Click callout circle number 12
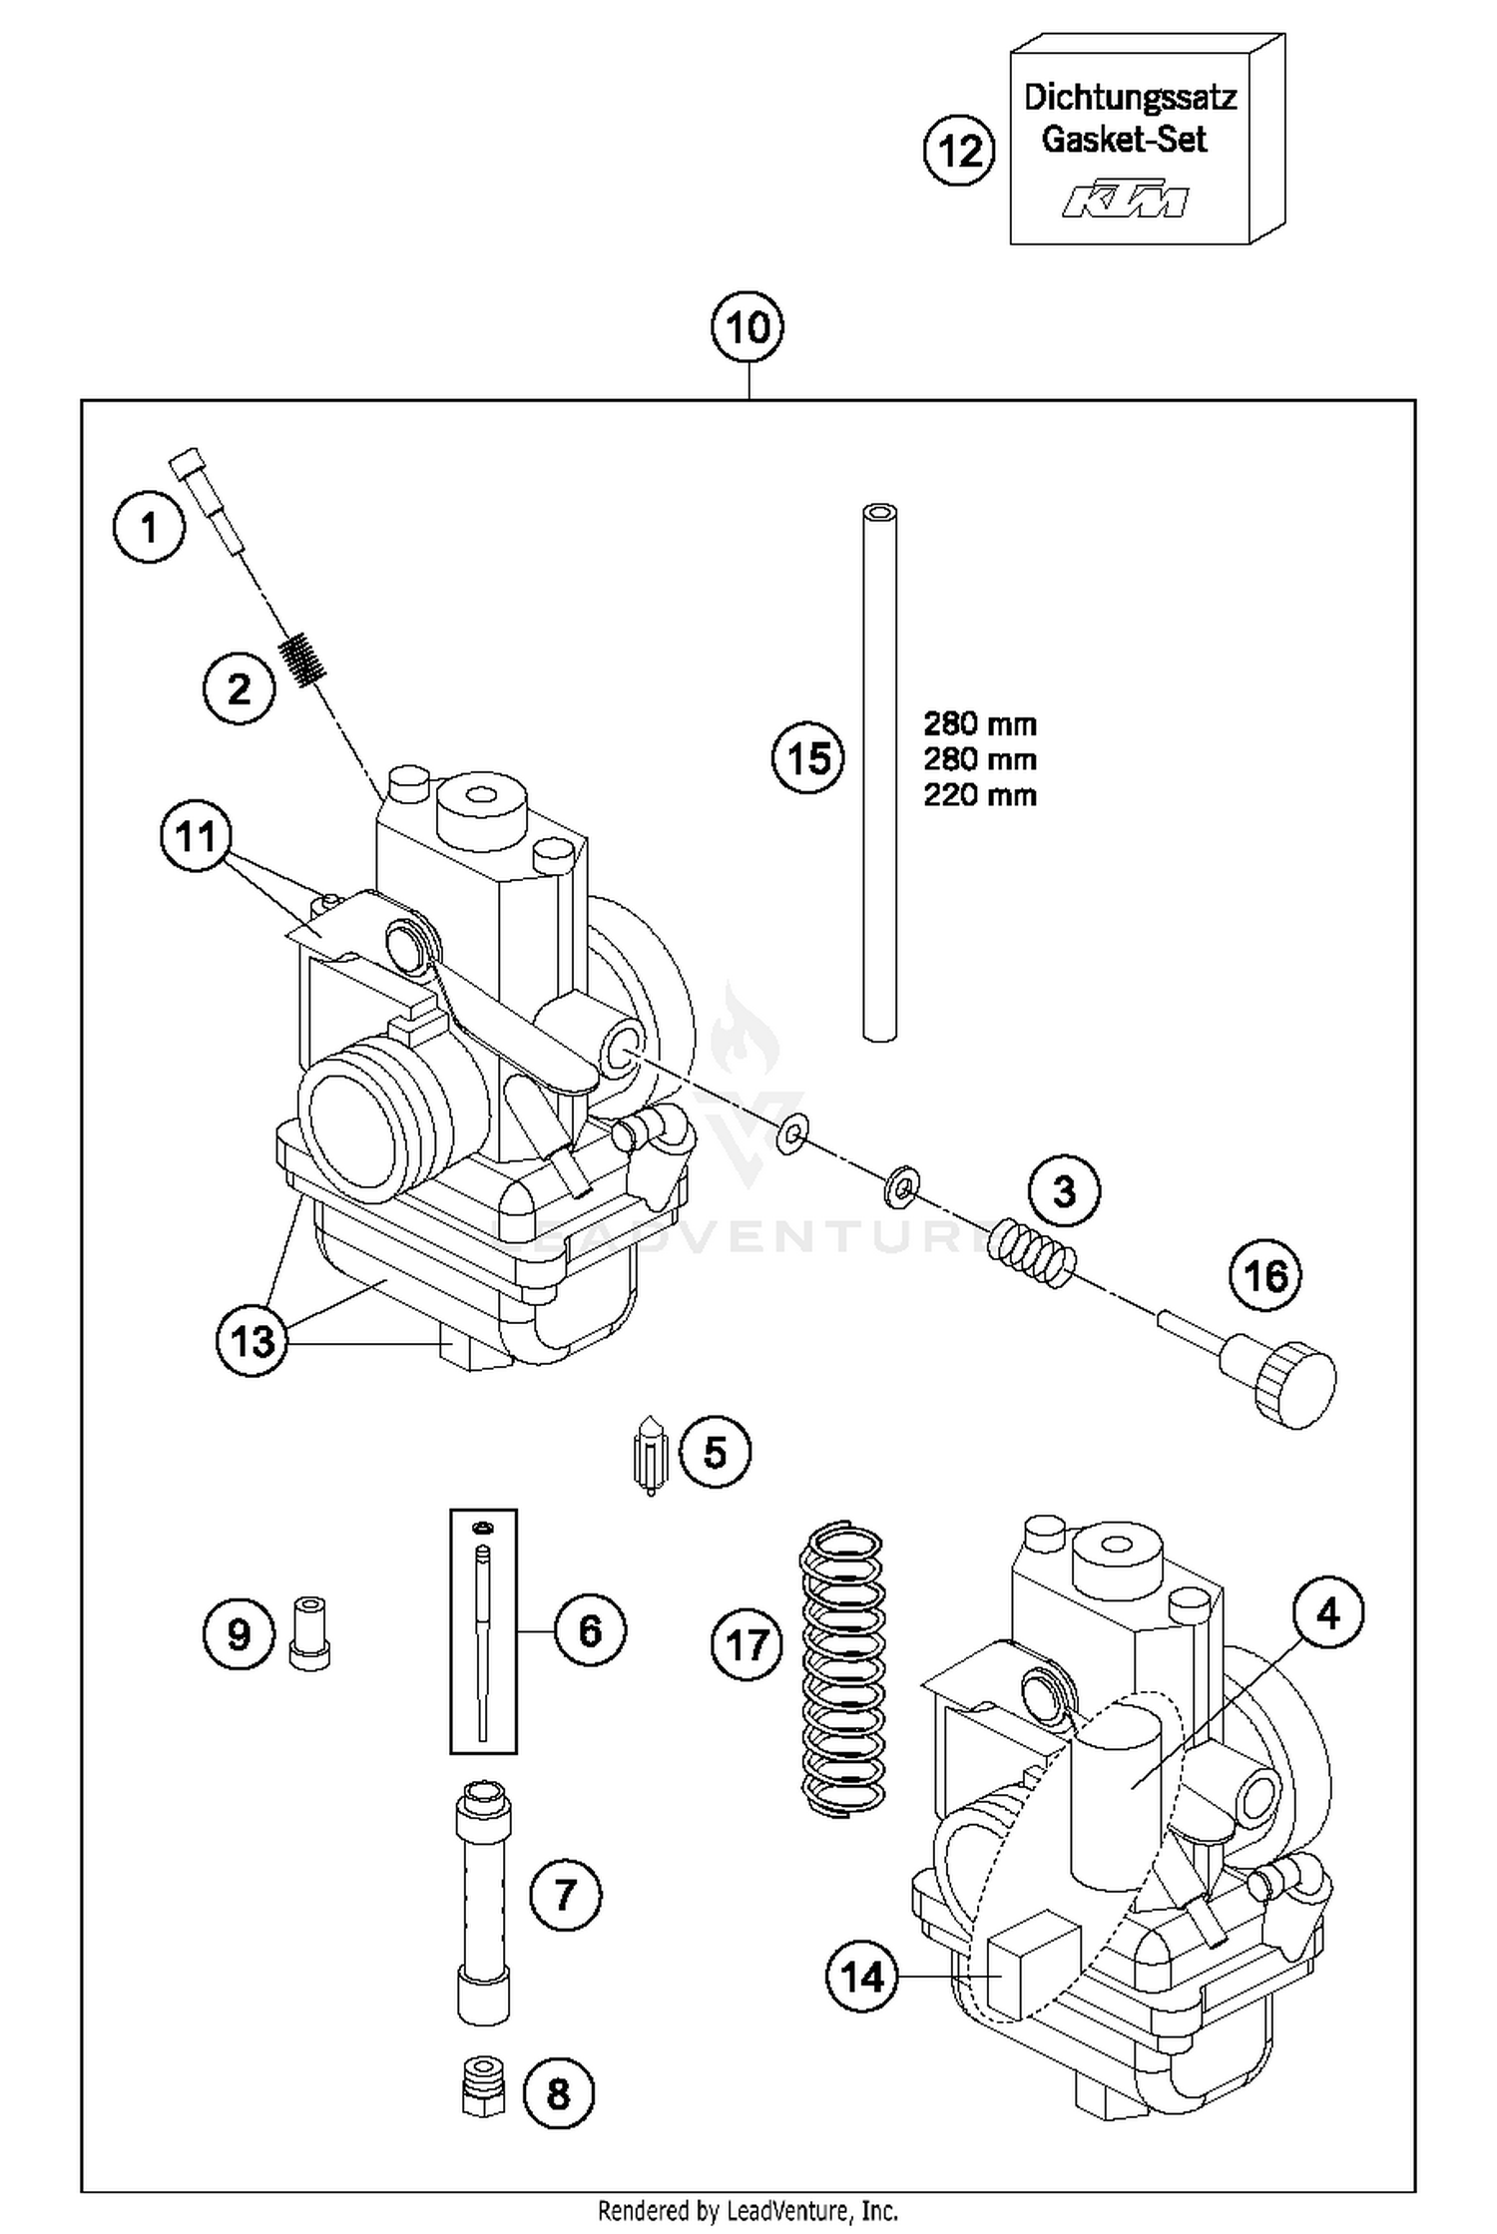[960, 152]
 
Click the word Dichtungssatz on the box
[1130, 98]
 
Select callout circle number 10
[748, 327]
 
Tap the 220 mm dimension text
[979, 795]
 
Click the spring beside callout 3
[1032, 1252]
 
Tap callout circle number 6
[591, 1631]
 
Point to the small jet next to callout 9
[309, 1632]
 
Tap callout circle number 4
[1327, 1613]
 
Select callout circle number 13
[251, 1341]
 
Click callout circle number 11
[196, 836]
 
